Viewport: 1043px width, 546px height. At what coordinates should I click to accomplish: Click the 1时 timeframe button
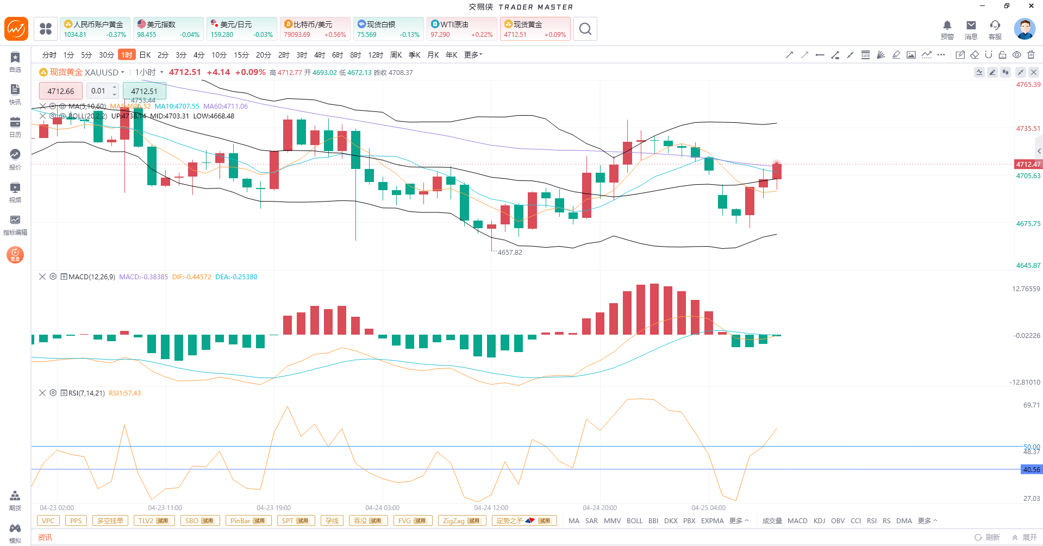tap(127, 55)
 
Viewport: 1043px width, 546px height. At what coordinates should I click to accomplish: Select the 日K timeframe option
tap(145, 55)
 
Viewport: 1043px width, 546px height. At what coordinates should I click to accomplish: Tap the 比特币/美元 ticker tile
tap(315, 29)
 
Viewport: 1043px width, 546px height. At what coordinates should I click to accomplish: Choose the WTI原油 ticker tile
tap(461, 29)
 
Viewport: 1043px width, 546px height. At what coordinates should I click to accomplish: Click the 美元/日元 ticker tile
tap(241, 29)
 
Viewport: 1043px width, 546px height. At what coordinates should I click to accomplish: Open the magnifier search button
tap(585, 29)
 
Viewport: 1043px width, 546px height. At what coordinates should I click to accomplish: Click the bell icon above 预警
tap(947, 26)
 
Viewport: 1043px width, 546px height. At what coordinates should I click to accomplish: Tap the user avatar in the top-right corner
tap(1024, 29)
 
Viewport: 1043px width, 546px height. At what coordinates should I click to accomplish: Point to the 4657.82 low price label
tap(510, 253)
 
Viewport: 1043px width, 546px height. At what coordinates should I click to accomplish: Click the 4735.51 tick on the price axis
tap(1028, 129)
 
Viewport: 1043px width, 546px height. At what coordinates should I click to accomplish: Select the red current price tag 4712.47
tap(1028, 164)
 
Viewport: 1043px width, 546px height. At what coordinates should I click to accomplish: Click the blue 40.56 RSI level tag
tap(1031, 469)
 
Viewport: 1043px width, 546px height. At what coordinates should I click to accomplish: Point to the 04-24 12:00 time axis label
tap(491, 508)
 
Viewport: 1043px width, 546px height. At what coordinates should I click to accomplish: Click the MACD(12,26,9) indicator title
tap(91, 277)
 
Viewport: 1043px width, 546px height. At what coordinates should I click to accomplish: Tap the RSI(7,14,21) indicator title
tap(86, 393)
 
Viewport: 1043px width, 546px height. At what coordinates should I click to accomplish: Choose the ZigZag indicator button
tap(461, 521)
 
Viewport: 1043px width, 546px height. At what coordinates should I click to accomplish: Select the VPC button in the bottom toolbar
tap(48, 521)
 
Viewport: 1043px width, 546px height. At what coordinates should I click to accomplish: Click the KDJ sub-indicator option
tap(819, 521)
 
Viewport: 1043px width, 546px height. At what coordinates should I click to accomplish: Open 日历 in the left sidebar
tap(15, 127)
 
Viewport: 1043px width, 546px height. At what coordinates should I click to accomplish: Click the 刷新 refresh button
tap(987, 537)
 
